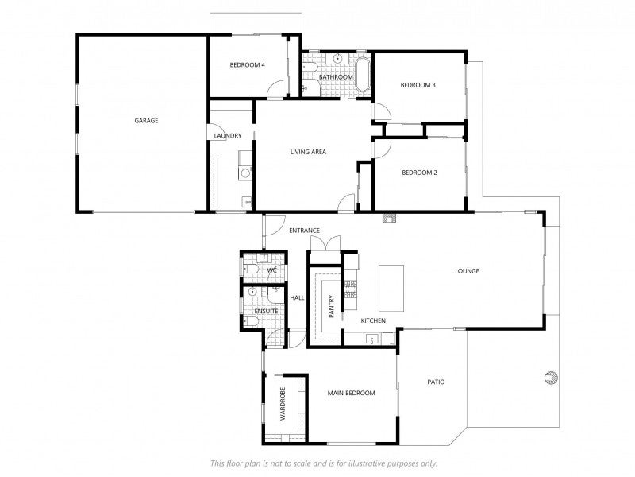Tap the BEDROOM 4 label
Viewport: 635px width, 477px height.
247,64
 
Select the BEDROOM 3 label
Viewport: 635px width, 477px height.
418,85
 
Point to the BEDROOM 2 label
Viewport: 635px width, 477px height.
419,173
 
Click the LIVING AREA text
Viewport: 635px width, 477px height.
308,152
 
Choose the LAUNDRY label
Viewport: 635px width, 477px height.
227,136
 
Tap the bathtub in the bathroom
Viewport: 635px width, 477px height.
363,76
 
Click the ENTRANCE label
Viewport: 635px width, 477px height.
304,231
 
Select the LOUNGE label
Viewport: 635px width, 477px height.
467,271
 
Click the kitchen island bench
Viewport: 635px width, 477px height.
392,287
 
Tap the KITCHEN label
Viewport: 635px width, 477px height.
373,320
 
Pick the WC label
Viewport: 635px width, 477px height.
271,271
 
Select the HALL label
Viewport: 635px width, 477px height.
297,297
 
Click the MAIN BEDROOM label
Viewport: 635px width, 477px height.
352,393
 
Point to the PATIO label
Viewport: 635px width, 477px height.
436,382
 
